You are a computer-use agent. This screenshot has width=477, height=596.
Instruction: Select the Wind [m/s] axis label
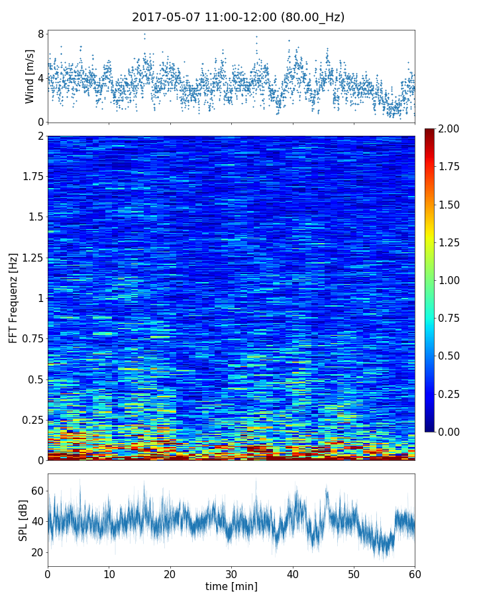click(30, 76)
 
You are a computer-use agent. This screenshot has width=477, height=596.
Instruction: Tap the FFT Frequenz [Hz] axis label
click(13, 298)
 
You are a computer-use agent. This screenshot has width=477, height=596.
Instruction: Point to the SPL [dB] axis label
click(23, 521)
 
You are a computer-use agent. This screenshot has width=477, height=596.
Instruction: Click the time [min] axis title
click(231, 586)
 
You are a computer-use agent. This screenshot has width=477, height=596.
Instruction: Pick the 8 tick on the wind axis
click(40, 34)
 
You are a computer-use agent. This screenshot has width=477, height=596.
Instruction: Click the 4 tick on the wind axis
click(40, 77)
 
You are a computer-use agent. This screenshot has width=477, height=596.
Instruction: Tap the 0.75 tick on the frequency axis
click(32, 339)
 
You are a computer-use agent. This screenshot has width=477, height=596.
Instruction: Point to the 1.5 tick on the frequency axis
click(35, 217)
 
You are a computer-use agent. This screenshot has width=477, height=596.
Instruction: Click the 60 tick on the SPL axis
click(37, 491)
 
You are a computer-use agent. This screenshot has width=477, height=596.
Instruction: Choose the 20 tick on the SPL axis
click(37, 552)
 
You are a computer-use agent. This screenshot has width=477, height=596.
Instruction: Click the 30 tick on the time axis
click(231, 573)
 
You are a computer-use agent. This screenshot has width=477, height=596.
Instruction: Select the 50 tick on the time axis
click(354, 573)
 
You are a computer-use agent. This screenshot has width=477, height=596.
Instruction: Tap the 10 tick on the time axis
click(109, 573)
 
